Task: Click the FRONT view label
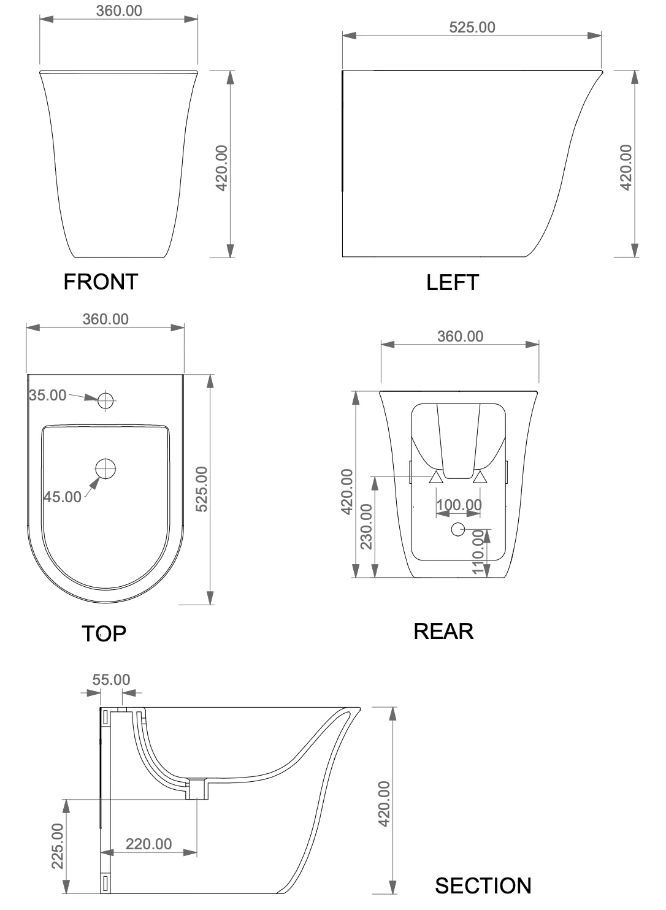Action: pos(101,281)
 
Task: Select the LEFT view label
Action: pos(452,282)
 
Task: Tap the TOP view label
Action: pos(104,633)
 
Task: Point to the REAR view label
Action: pos(443,632)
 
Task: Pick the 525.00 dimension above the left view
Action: pos(472,27)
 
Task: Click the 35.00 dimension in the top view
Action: pos(48,395)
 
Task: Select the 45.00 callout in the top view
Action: pos(63,497)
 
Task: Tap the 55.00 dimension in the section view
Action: pos(111,679)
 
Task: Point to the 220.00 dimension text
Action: pos(149,844)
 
